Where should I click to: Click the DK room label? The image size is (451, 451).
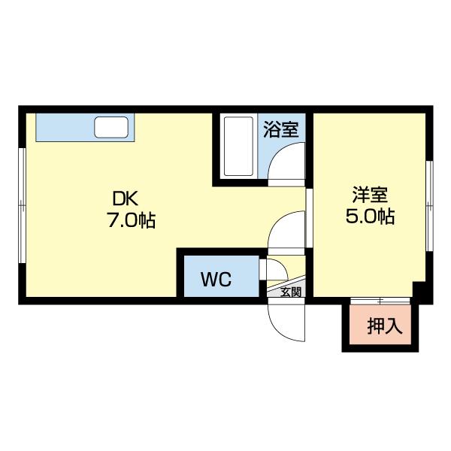(126, 198)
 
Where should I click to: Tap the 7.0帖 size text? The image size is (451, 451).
(132, 220)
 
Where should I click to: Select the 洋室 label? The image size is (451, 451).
(370, 195)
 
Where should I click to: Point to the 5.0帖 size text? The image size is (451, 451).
(370, 216)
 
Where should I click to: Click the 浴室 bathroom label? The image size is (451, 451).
(281, 129)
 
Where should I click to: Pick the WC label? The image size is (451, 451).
(216, 279)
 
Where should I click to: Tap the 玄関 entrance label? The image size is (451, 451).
(291, 292)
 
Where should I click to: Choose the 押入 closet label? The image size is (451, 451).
(385, 326)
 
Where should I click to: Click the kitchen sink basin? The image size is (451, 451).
(111, 127)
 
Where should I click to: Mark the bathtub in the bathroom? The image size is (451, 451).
(239, 146)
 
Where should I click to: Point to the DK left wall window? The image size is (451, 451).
(22, 205)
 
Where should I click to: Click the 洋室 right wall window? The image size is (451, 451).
(429, 206)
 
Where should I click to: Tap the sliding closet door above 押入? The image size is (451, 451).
(380, 301)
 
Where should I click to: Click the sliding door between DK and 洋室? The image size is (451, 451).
(309, 218)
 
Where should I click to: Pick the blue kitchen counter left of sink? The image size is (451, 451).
(65, 127)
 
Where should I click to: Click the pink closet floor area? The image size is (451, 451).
(380, 324)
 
